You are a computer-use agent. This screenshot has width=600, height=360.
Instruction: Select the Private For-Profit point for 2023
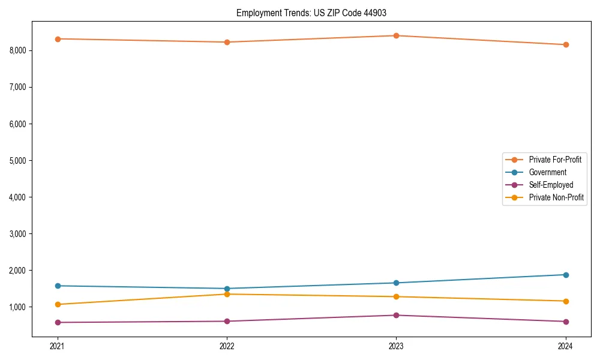[396, 35]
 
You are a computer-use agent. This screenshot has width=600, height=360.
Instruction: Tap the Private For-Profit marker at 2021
[58, 39]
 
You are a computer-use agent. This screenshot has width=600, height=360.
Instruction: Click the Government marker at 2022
[227, 289]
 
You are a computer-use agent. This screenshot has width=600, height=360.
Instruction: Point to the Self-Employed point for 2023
[396, 315]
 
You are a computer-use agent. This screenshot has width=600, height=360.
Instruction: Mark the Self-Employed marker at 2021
[58, 322]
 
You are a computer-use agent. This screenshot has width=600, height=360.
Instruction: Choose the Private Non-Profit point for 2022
[227, 294]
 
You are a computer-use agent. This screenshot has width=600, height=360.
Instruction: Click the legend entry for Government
[547, 172]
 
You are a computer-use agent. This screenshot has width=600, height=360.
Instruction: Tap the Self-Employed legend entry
[551, 185]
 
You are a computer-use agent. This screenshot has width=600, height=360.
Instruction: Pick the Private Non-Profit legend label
[556, 197]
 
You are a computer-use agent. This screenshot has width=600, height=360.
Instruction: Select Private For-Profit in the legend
[554, 160]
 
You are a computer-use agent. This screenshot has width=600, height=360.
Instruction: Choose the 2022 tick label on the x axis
[227, 346]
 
